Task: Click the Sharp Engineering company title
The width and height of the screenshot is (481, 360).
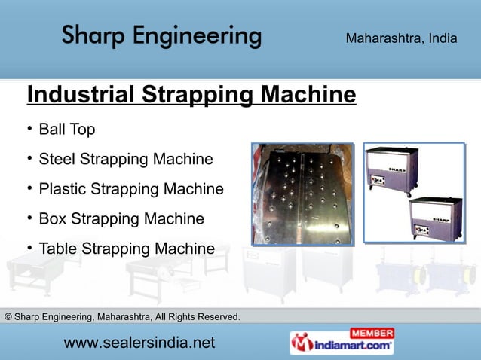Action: (x=161, y=35)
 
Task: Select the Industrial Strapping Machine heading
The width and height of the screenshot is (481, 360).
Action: (x=191, y=96)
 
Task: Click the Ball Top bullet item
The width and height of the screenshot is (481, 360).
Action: (x=66, y=130)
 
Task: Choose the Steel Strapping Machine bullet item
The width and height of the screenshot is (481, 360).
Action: (x=125, y=160)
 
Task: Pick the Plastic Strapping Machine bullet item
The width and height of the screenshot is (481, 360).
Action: (x=130, y=189)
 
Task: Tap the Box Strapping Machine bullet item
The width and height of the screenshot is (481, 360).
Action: (x=121, y=219)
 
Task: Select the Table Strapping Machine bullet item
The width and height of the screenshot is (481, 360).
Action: (x=126, y=249)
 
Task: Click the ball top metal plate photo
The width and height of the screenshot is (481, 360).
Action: (x=302, y=194)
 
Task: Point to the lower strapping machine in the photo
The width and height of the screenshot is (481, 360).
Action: (x=436, y=218)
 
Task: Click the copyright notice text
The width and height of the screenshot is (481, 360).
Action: (x=123, y=316)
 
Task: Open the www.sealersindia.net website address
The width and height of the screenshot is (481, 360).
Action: (x=139, y=343)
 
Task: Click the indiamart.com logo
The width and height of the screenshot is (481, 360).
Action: (x=342, y=346)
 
